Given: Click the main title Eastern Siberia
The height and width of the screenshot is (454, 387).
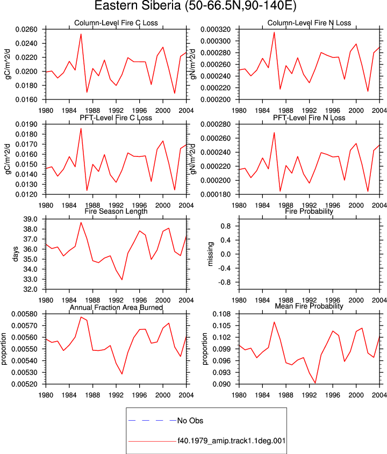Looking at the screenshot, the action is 138,5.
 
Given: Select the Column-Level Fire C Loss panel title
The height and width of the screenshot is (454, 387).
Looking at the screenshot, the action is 116,23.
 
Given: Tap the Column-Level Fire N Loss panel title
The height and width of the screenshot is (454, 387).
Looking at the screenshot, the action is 309,23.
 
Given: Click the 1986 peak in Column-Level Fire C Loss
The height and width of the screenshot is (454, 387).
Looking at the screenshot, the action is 81,34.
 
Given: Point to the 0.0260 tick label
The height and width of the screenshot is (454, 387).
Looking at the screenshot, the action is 26,30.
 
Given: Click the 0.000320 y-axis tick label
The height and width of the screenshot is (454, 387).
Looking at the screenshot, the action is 216,30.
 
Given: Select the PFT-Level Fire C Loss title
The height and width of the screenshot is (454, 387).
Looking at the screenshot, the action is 116,118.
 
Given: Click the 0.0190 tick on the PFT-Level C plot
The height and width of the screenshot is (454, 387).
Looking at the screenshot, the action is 26,125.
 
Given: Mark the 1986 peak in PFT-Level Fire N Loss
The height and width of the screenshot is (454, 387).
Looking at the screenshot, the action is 274,133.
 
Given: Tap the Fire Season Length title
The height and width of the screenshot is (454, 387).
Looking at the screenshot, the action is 116,211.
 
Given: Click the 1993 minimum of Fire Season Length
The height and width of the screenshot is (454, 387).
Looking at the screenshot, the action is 122,279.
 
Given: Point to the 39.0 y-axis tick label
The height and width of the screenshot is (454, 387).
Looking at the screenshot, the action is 31,219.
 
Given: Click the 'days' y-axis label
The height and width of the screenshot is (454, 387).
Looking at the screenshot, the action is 16,254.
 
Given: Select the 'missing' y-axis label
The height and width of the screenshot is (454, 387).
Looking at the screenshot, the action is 210,254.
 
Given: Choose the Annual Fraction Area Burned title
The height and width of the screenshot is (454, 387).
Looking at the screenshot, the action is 116,307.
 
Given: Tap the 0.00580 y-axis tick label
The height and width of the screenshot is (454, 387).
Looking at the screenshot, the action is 24,314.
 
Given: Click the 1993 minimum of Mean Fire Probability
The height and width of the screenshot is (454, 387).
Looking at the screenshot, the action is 315,383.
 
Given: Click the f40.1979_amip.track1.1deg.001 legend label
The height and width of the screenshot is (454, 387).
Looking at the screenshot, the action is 232,441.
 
